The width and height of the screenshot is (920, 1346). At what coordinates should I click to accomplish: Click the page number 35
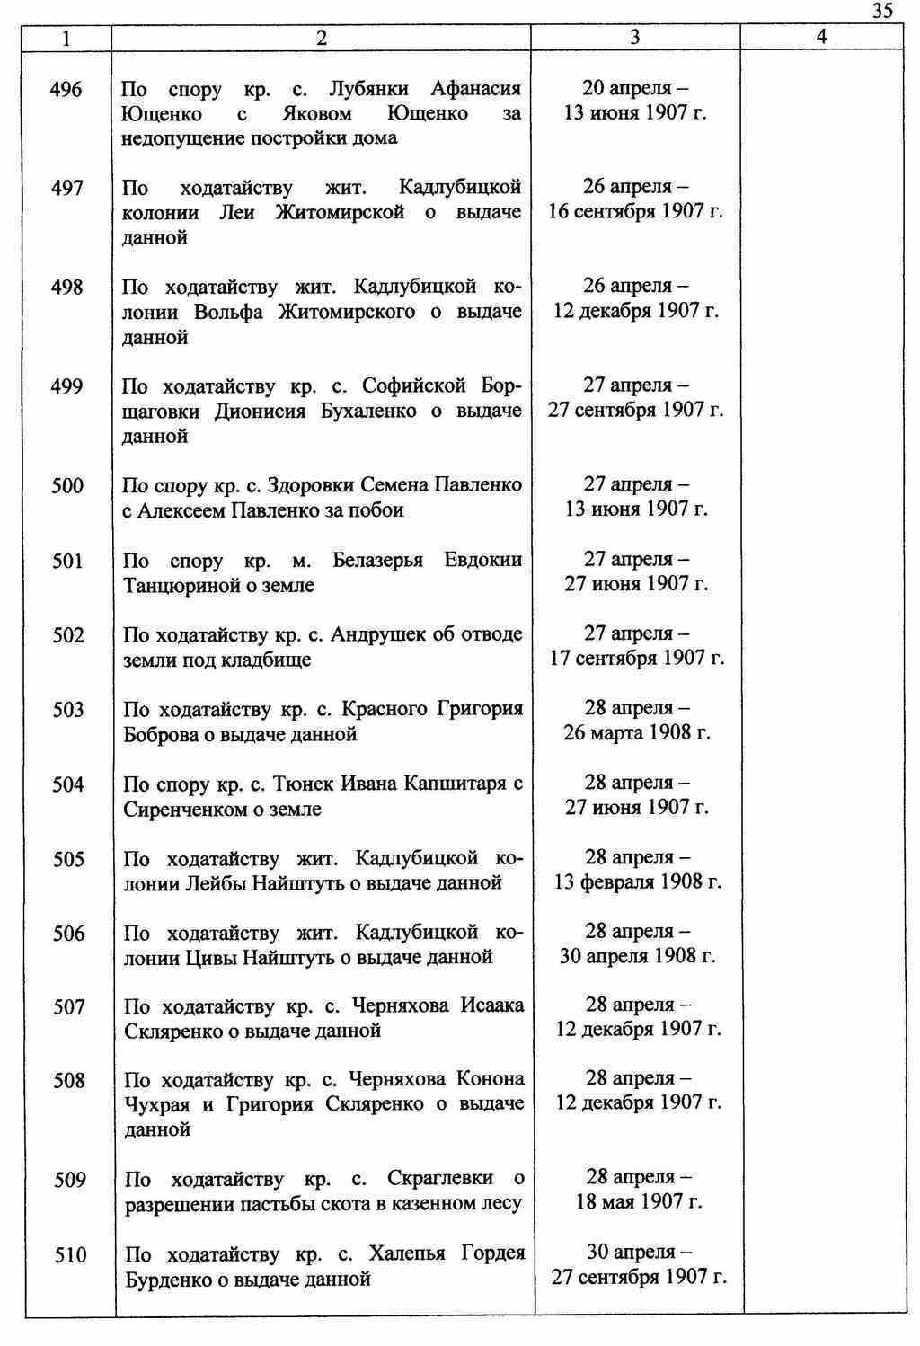click(881, 11)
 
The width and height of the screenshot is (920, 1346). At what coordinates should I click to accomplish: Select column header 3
click(635, 37)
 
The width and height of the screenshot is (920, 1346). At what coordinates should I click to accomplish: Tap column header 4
click(820, 37)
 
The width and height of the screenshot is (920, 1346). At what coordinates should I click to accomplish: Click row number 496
click(67, 90)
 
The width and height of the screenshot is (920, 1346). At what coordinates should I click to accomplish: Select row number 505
click(68, 859)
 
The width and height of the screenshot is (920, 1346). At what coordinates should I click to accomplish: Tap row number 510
click(70, 1254)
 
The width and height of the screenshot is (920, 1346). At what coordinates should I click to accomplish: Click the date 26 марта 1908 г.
click(636, 733)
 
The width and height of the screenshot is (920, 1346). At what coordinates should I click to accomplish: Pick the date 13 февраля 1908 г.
click(637, 882)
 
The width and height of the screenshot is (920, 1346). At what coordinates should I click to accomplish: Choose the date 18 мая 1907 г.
click(638, 1202)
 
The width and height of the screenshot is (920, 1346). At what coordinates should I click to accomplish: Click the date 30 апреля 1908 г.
click(637, 956)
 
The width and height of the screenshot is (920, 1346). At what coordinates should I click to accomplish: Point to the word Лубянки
click(368, 89)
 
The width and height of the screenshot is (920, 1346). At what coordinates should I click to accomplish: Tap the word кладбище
click(268, 660)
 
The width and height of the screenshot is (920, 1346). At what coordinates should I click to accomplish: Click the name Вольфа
click(228, 312)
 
